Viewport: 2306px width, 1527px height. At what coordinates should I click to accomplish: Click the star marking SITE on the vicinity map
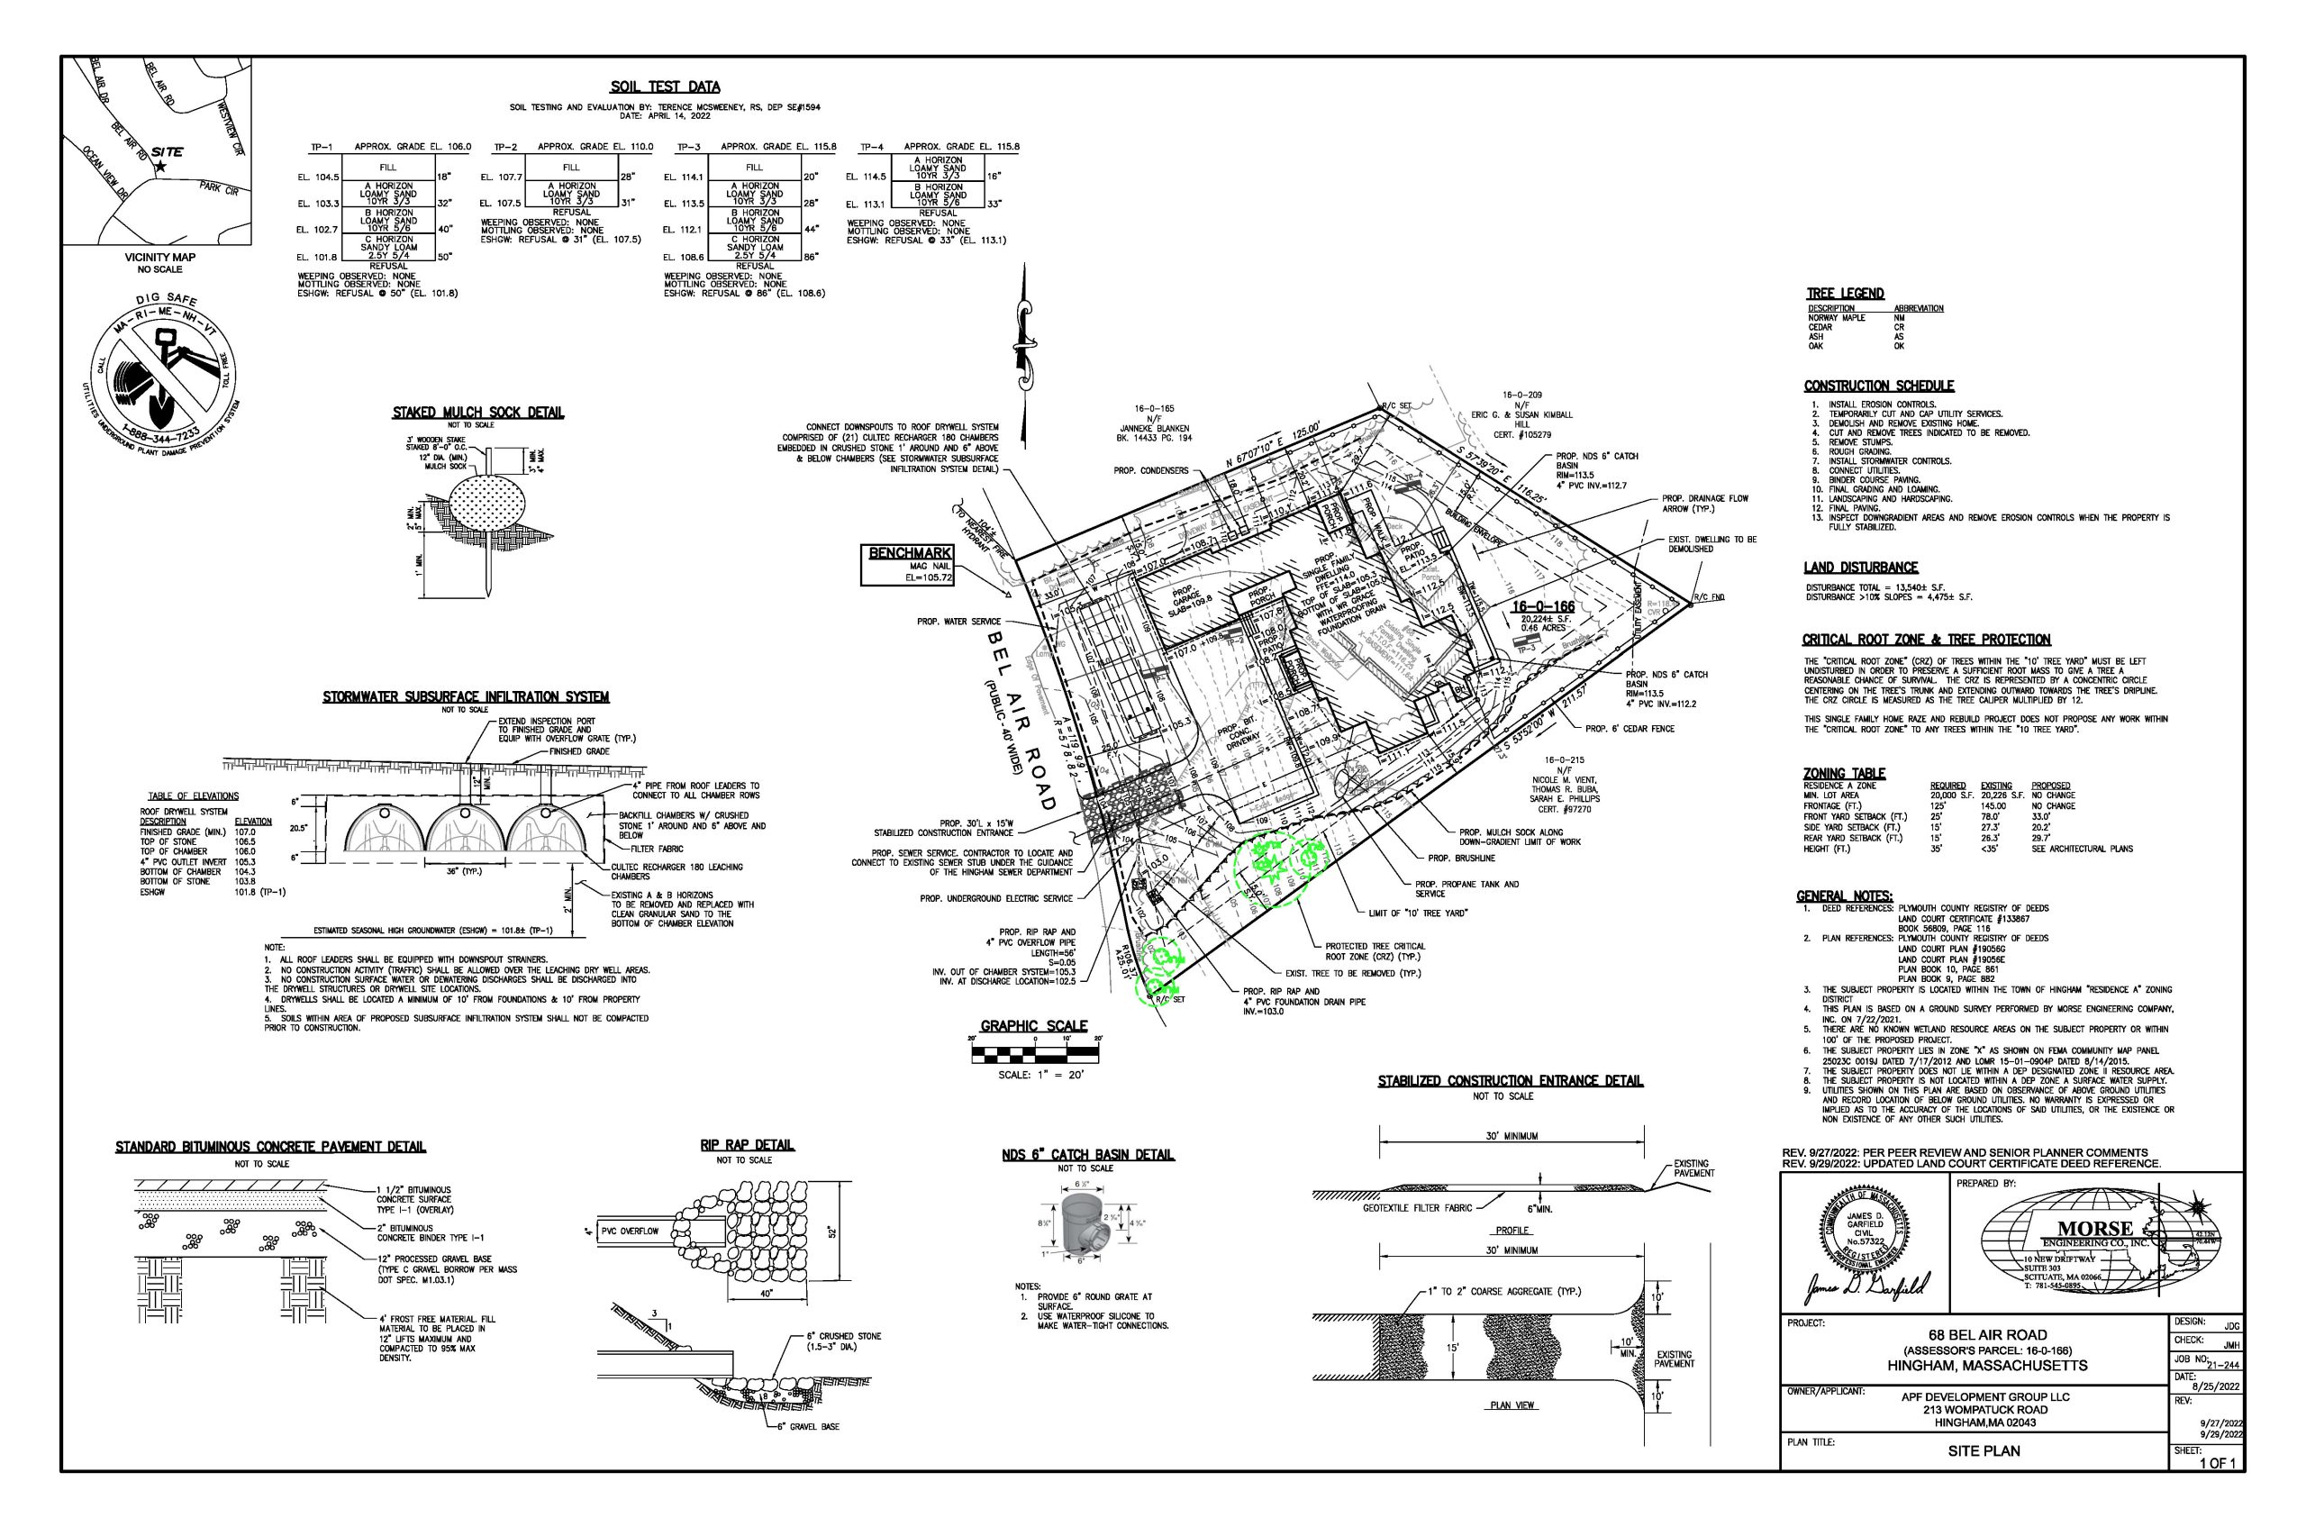(160, 168)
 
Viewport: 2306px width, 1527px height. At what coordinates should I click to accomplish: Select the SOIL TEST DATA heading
(679, 87)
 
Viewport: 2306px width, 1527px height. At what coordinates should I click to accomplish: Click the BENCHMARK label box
(906, 565)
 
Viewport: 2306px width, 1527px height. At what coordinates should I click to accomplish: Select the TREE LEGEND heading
(1845, 293)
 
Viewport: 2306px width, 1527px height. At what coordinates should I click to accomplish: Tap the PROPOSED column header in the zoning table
(2050, 786)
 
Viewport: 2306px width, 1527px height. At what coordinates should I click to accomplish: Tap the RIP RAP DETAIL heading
(747, 1145)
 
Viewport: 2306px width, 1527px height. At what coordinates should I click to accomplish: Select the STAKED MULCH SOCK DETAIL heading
(477, 413)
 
